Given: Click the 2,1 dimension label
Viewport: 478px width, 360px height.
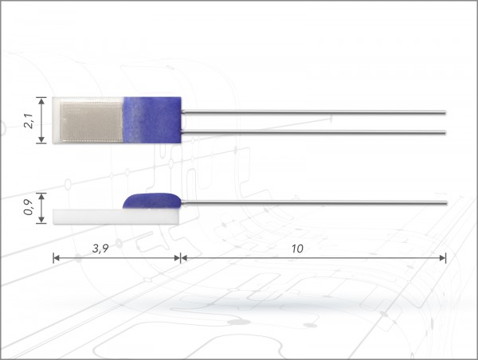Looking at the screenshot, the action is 29,121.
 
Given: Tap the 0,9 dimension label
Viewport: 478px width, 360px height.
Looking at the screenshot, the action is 29,207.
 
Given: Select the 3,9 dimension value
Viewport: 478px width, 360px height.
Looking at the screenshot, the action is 100,248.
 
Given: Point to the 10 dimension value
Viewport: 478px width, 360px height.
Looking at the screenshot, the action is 297,248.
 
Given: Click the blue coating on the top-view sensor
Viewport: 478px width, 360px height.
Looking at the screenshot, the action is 152,119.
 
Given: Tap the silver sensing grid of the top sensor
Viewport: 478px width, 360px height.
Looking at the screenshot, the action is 92,122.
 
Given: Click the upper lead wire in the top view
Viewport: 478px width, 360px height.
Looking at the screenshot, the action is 313,112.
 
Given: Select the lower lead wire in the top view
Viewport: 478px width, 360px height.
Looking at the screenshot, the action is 313,132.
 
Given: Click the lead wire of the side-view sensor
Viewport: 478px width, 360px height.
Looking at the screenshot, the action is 314,202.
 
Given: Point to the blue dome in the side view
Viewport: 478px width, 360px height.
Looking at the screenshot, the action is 152,202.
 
